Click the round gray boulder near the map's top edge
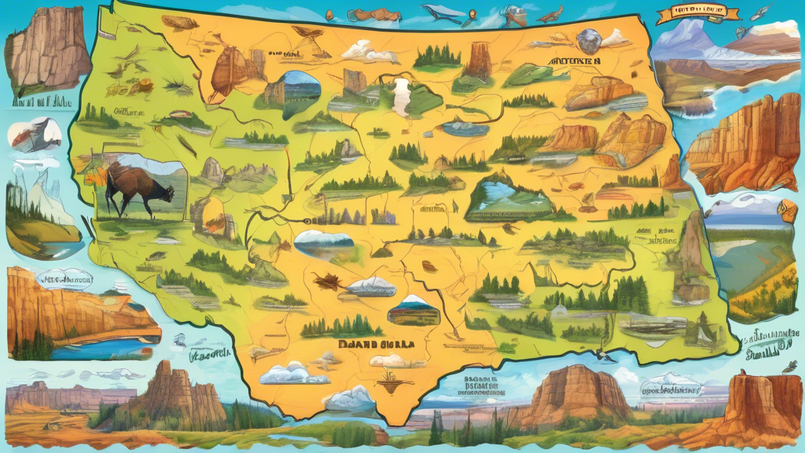588,40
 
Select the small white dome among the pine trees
559,311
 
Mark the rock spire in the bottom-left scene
167,389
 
